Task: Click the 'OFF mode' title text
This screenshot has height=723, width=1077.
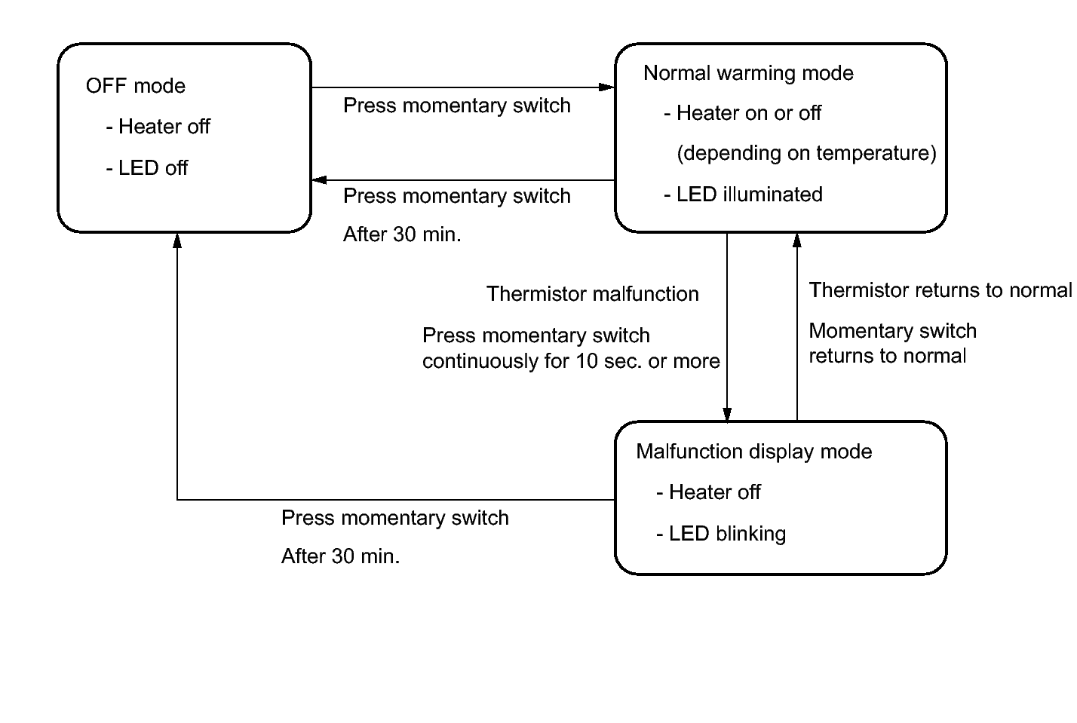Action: [x=136, y=86]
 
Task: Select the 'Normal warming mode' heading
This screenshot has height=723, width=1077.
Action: [x=748, y=74]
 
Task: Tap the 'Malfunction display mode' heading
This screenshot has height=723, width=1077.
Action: [x=754, y=452]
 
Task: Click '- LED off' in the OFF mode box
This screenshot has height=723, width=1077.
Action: [x=146, y=168]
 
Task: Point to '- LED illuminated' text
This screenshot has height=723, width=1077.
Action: [x=744, y=195]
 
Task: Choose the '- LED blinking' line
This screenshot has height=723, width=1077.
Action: [x=721, y=534]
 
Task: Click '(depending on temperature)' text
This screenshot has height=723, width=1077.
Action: [x=806, y=153]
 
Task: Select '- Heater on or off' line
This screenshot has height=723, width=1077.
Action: [x=742, y=113]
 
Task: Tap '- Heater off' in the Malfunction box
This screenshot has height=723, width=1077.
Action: [x=708, y=493]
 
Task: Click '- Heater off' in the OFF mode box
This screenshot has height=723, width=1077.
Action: [x=158, y=127]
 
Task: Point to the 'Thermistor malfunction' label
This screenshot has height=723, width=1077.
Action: [x=593, y=294]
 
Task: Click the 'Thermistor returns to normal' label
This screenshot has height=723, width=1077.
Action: [x=940, y=290]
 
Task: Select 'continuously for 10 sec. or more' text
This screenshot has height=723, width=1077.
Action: [x=571, y=362]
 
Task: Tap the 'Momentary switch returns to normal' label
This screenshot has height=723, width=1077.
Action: [x=893, y=344]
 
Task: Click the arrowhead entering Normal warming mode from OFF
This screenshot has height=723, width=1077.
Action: [x=606, y=87]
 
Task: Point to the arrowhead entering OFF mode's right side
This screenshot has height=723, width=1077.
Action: [x=320, y=180]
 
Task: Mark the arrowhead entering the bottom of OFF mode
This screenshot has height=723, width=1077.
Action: [x=177, y=240]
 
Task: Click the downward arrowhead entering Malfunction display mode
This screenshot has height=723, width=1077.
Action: [x=727, y=415]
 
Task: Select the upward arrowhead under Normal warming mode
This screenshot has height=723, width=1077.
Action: [x=796, y=240]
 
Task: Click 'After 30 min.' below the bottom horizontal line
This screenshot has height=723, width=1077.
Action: [x=340, y=556]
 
